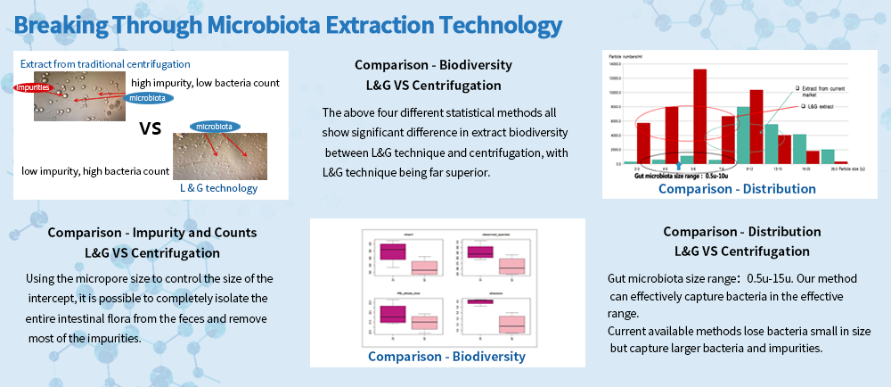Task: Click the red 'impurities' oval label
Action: [x=32, y=87]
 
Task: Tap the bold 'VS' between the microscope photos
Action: [x=150, y=128]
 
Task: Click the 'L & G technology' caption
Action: [x=218, y=187]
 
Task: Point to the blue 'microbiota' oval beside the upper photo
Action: [x=149, y=97]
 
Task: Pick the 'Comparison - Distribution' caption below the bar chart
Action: [x=737, y=188]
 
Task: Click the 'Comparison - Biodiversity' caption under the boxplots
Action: [x=446, y=357]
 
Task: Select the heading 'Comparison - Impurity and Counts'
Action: [x=152, y=232]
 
